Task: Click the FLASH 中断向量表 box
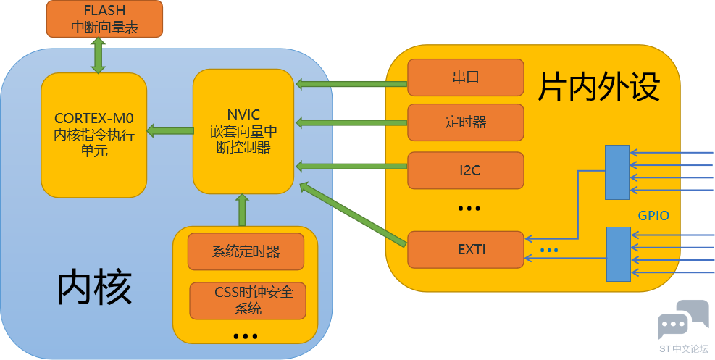point(104,19)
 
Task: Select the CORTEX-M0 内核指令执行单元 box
point(94,135)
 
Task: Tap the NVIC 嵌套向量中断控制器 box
point(243,131)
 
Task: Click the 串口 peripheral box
point(466,78)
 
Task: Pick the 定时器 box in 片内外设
point(466,122)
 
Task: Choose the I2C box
point(466,170)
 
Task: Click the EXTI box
point(466,250)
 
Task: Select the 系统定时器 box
point(246,251)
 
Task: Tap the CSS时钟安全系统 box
point(248,301)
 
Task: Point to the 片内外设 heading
point(599,87)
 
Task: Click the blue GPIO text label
point(653,216)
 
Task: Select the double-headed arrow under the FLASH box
point(98,56)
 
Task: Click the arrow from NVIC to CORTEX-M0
point(170,131)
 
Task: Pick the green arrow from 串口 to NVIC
point(351,84)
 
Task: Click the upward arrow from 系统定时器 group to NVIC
point(242,210)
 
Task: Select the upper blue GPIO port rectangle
point(617,172)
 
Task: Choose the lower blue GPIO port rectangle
point(619,254)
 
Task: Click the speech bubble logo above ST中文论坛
point(683,319)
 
